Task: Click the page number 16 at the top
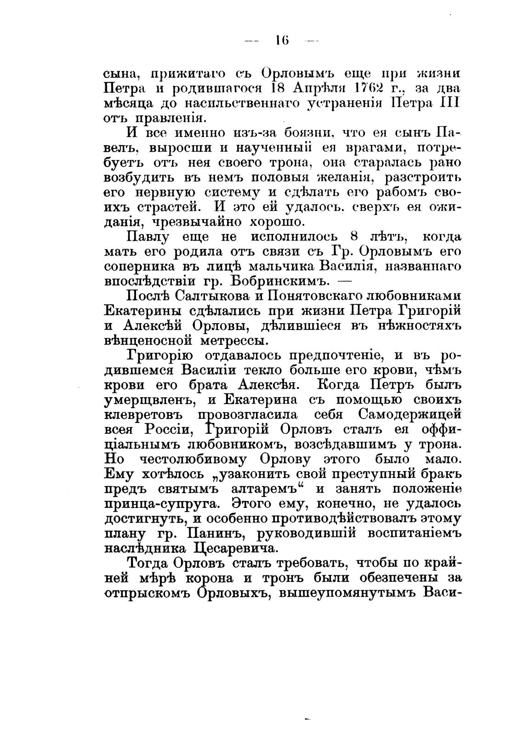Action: (x=281, y=40)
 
